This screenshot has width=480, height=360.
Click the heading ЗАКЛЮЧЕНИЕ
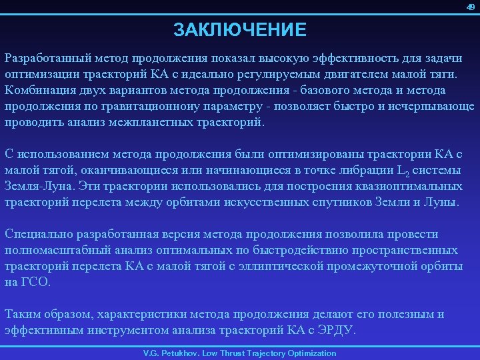pyautogui.click(x=240, y=30)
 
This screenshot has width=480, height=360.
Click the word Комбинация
pyautogui.click(x=40, y=90)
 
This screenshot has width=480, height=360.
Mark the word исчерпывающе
pyautogui.click(x=434, y=107)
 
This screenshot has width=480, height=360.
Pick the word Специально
pyautogui.click(x=38, y=234)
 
